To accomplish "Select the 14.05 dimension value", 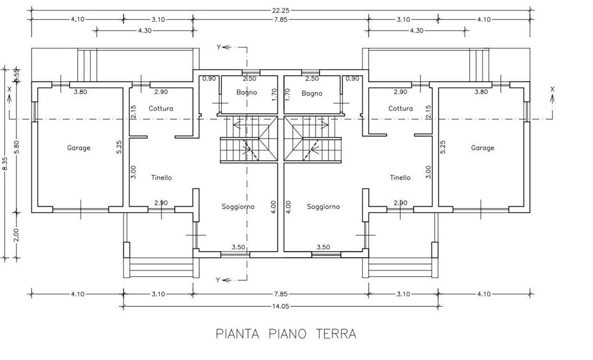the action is pos(281,306).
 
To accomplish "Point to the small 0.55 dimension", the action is pos(17,76).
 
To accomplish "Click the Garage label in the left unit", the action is pos(79,148).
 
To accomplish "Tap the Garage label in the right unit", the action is pos(483,148).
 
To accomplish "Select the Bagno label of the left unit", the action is pos(246,93).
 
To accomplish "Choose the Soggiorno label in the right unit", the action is pos(323,207).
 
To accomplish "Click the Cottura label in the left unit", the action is pos(161,108).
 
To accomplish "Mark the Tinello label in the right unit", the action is pos(400,177).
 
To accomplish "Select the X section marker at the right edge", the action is pos(552,89).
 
